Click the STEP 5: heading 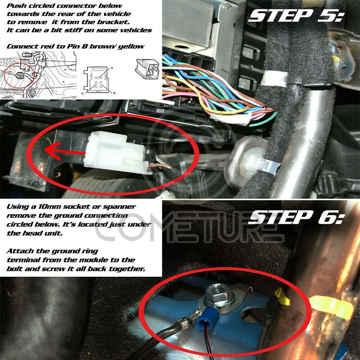[x=296, y=16]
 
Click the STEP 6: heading [x=296, y=217]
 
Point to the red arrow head [x=52, y=150]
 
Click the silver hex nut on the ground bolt [x=219, y=295]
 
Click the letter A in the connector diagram [x=112, y=68]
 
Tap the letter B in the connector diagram [x=114, y=93]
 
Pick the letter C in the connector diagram [x=82, y=94]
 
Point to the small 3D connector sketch [x=147, y=69]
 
